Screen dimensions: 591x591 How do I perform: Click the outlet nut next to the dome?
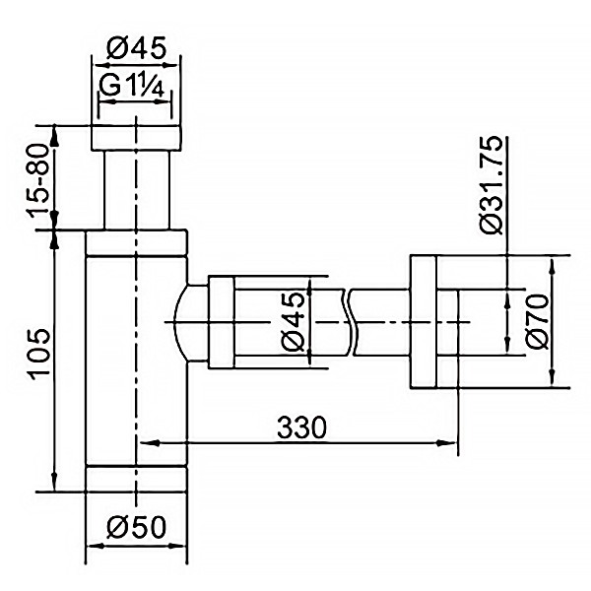[220, 323]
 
